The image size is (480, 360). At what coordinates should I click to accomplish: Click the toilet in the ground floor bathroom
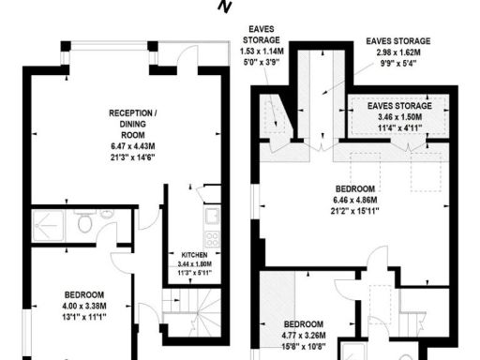point(83,224)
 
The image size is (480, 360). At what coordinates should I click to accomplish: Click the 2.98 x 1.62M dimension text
point(398,53)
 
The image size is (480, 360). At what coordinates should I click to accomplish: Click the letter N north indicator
point(224,7)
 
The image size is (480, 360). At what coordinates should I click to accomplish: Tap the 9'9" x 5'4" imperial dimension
point(398,65)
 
